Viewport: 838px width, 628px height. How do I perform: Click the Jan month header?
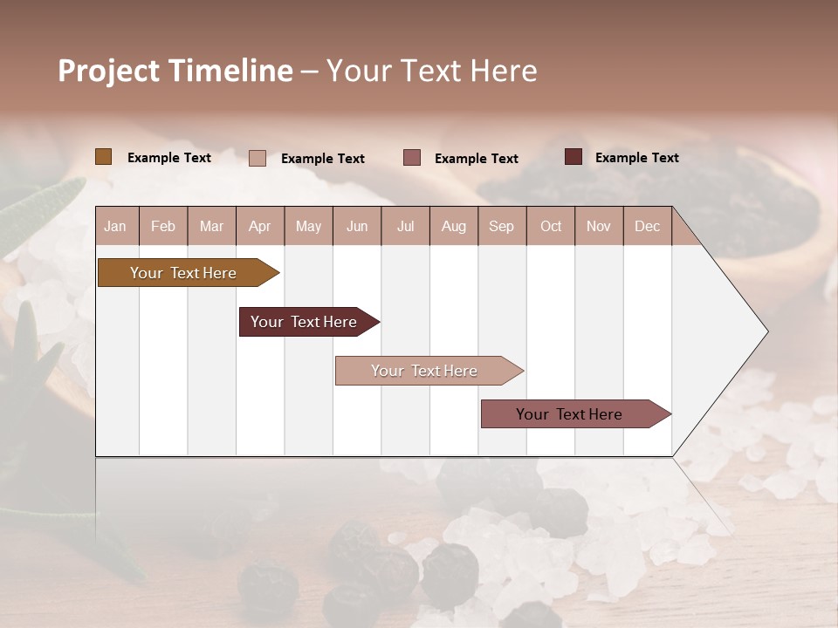click(115, 226)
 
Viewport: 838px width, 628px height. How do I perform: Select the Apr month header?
click(259, 226)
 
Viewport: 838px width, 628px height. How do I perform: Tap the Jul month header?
click(405, 226)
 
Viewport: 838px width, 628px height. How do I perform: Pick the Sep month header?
click(501, 226)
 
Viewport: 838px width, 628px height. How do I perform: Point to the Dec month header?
click(647, 226)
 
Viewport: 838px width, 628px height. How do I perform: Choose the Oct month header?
click(551, 226)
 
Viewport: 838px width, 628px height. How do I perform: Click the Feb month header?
click(163, 226)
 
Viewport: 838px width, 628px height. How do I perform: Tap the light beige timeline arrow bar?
click(425, 371)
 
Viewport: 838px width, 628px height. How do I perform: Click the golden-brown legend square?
click(104, 157)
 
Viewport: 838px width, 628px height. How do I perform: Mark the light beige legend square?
click(258, 158)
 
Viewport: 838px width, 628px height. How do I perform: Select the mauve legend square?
click(412, 158)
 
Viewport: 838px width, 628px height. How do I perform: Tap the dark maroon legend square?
click(574, 157)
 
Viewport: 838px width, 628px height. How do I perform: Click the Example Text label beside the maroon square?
click(636, 158)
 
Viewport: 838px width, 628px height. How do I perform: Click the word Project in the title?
click(108, 71)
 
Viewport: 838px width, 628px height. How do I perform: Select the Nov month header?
click(599, 226)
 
